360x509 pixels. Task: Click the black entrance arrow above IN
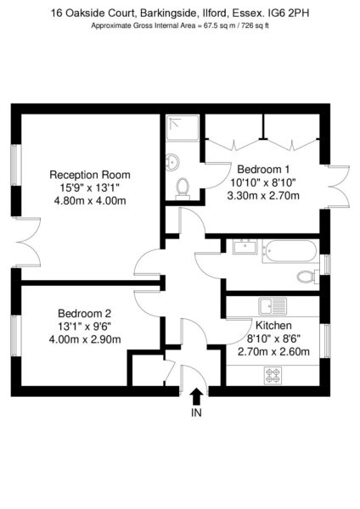pyautogui.click(x=197, y=396)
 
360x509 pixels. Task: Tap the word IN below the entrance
pyautogui.click(x=196, y=412)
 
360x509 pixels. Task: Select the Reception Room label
pyautogui.click(x=90, y=175)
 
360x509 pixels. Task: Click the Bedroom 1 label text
pyautogui.click(x=263, y=169)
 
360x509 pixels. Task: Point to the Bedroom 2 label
pyautogui.click(x=84, y=313)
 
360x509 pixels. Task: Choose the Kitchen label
pyautogui.click(x=273, y=325)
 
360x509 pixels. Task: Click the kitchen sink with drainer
pyautogui.click(x=273, y=305)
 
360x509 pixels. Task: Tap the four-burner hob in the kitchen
pyautogui.click(x=273, y=376)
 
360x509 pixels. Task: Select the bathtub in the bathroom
pyautogui.click(x=290, y=251)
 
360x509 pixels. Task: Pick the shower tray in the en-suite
pyautogui.click(x=183, y=128)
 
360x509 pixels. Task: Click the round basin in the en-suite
pyautogui.click(x=172, y=162)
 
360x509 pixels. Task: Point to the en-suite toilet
pyautogui.click(x=183, y=188)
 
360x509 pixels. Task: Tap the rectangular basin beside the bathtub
pyautogui.click(x=245, y=247)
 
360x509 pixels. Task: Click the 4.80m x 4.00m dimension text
pyautogui.click(x=90, y=200)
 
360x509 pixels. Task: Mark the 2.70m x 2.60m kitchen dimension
pyautogui.click(x=273, y=351)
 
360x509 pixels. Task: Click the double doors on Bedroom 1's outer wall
pyautogui.click(x=338, y=187)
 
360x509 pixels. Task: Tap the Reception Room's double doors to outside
pyautogui.click(x=28, y=242)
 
